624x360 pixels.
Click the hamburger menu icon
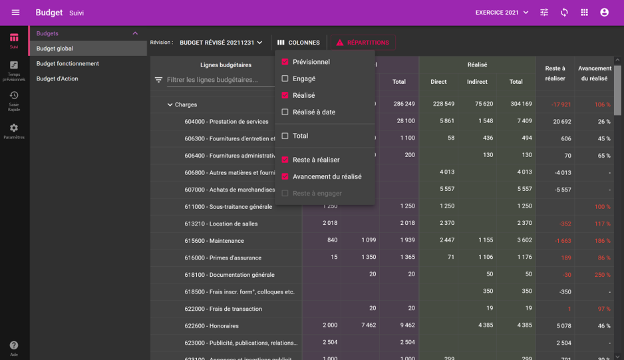(16, 13)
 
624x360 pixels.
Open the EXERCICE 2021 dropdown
(502, 13)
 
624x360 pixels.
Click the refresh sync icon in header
(564, 13)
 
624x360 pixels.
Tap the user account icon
(604, 13)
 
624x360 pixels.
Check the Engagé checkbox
(285, 79)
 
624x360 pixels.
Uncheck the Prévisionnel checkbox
(285, 62)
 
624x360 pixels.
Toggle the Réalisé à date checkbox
(285, 112)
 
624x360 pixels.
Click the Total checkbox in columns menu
(285, 136)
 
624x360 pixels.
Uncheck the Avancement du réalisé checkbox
(285, 176)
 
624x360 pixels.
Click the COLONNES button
(299, 43)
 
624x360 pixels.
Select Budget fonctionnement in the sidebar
(68, 64)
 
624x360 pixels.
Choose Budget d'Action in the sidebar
(57, 79)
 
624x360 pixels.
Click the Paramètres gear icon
(14, 129)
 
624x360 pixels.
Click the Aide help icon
(14, 347)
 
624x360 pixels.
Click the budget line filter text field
(220, 80)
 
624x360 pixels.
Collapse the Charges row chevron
(170, 104)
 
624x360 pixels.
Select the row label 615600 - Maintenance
(214, 241)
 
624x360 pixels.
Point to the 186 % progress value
(603, 241)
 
